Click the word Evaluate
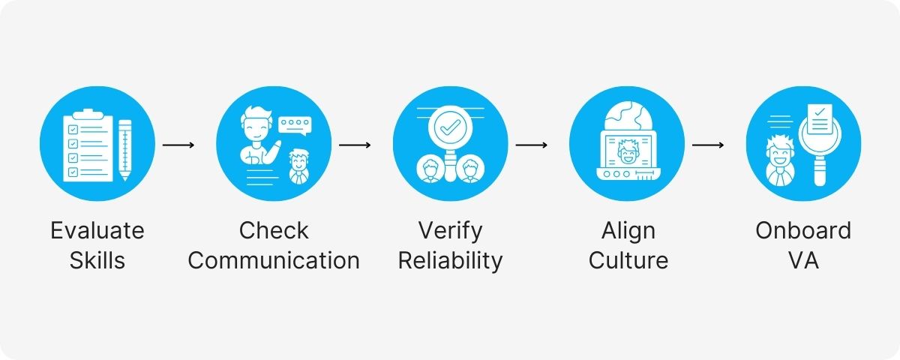pos(97,229)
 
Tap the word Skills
pos(97,260)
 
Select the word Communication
pos(274,260)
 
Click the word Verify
pos(450,229)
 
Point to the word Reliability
pos(450,260)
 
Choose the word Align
pos(628,229)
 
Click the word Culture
pos(628,260)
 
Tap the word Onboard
pos(803,229)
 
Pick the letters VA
pos(803,260)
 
